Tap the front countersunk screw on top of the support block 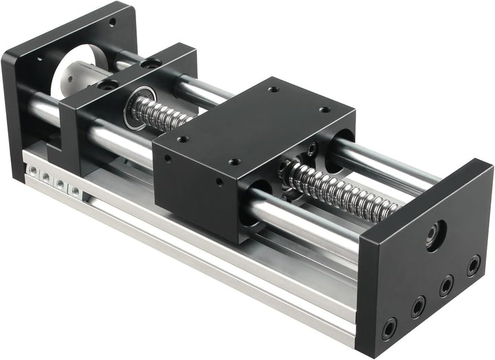(x=106, y=86)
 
